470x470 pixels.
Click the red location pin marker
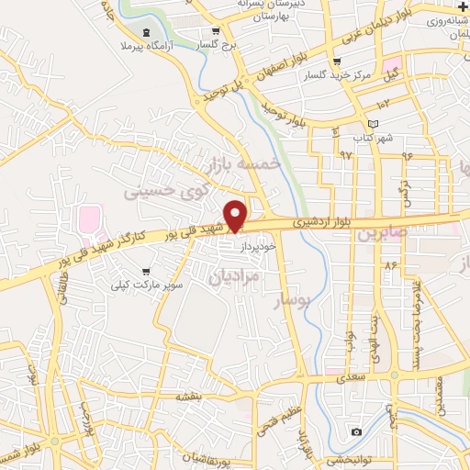(x=236, y=215)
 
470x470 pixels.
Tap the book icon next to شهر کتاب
(x=372, y=124)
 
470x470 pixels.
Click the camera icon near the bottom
(x=356, y=431)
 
